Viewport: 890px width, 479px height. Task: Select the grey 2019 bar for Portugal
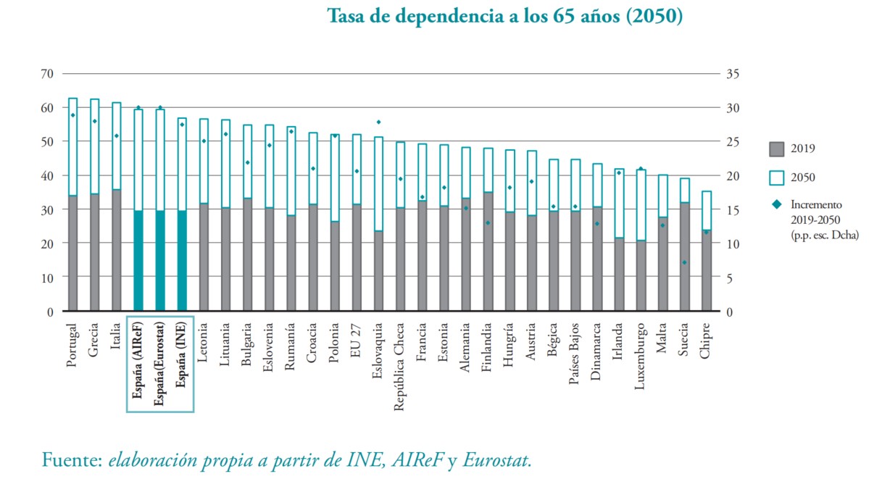[x=72, y=254]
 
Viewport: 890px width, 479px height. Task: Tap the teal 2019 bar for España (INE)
[x=182, y=261]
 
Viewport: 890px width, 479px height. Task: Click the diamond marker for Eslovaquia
[x=378, y=122]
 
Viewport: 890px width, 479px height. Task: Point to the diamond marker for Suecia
[x=684, y=262]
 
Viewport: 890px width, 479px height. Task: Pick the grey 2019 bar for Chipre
[x=706, y=272]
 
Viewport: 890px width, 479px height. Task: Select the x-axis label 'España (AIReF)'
[x=138, y=362]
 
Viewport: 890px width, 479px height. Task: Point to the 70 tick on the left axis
[x=48, y=73]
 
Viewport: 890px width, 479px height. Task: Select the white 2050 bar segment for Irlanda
[x=618, y=203]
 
